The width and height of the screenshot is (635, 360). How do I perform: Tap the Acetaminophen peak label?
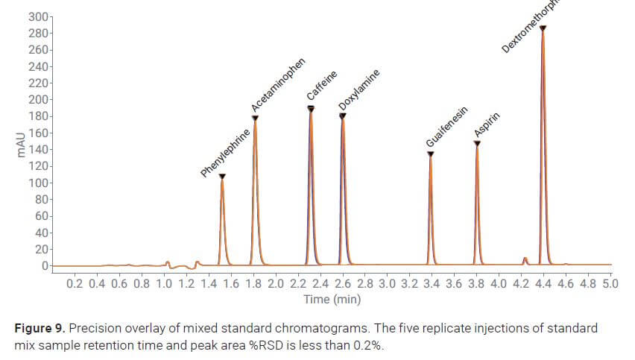278,91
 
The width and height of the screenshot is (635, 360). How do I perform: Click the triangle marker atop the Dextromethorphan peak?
543,28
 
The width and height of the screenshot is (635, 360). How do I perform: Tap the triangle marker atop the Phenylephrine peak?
222,177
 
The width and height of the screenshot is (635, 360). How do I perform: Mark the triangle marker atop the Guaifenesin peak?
431,154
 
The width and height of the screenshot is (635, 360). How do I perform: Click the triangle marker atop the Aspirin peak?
477,143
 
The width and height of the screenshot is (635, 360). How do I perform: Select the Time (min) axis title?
332,299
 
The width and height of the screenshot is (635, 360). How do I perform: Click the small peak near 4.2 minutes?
525,260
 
